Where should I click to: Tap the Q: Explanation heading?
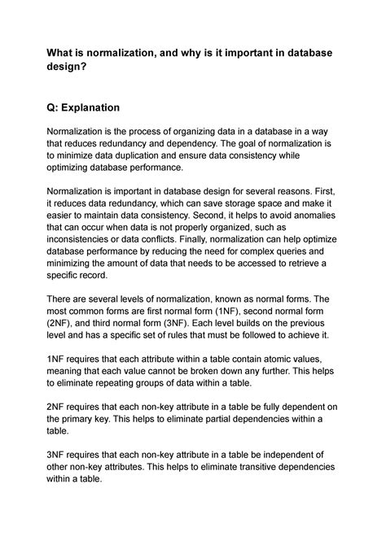pos(94,107)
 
